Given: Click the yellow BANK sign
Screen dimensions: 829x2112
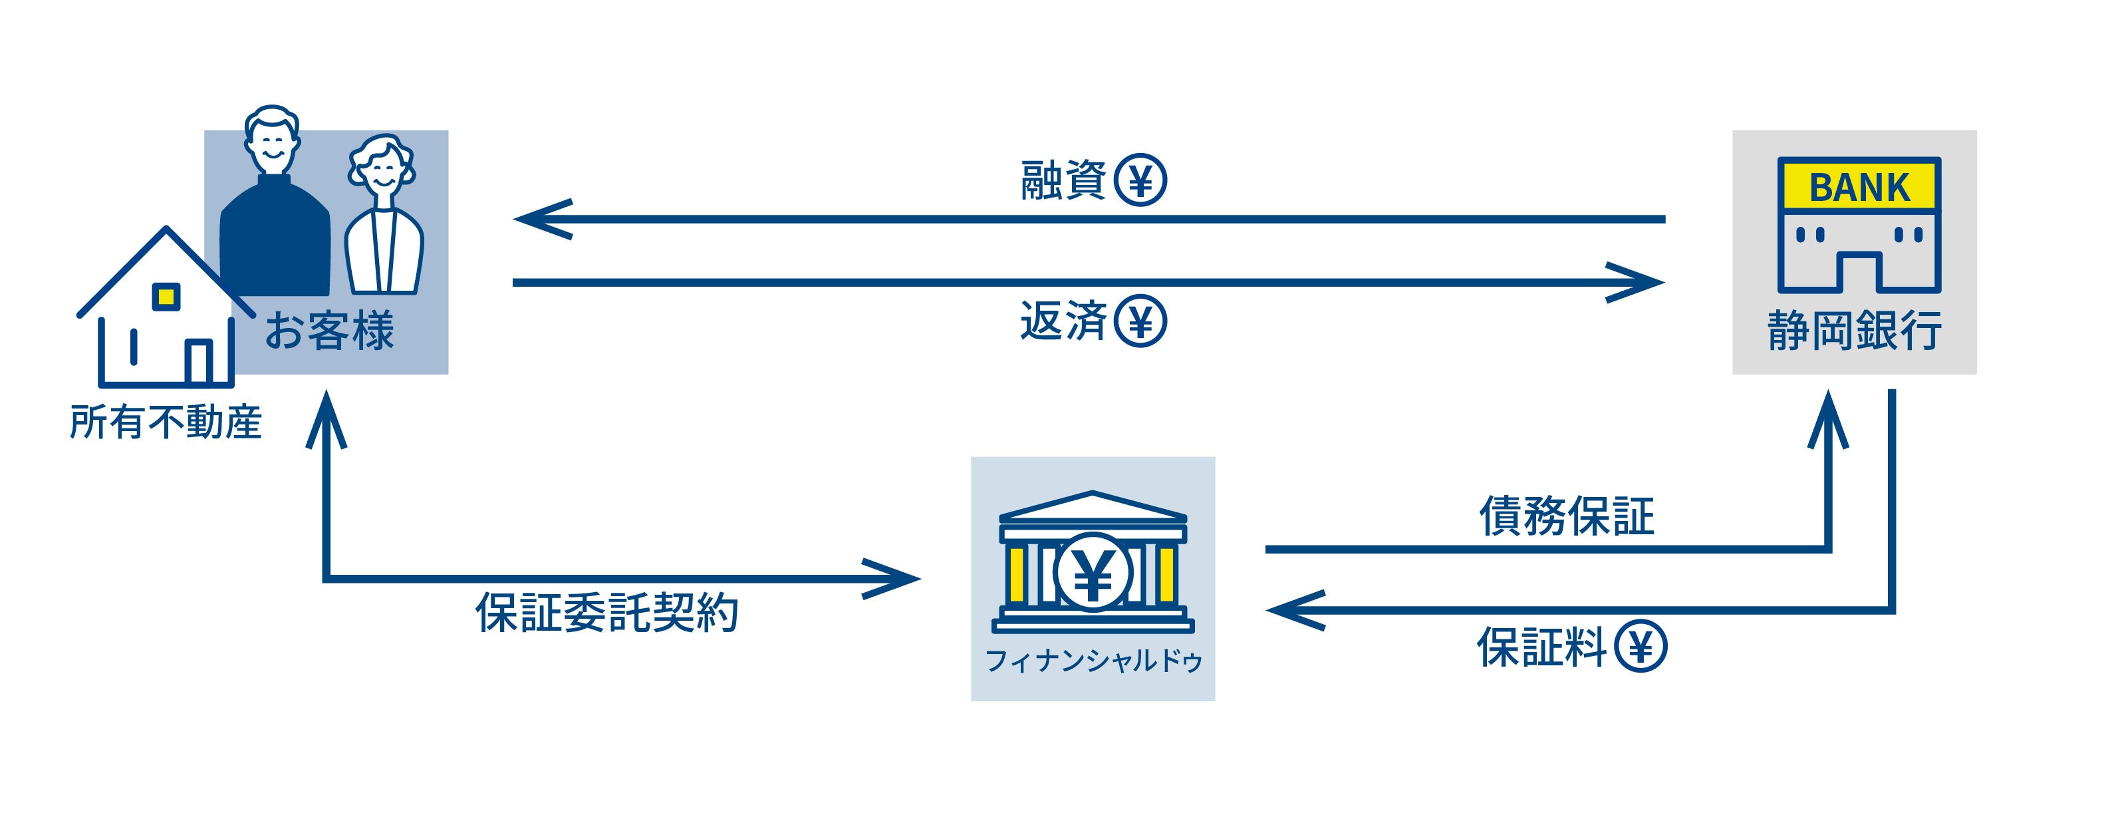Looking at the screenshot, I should click(1859, 187).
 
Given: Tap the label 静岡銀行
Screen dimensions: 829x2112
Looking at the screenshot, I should click(1854, 331).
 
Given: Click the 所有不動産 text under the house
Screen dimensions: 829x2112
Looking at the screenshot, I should click(166, 422).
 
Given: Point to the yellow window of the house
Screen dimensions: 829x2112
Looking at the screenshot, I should click(166, 296).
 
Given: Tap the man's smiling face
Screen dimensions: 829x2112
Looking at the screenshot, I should click(271, 146).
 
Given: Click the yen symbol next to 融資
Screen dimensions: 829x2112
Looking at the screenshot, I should click(1140, 180).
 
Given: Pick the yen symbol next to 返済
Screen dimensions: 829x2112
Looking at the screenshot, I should click(1140, 321).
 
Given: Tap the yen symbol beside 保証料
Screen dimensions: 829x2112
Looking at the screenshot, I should click(1641, 646).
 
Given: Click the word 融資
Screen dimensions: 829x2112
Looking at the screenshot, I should click(1063, 180).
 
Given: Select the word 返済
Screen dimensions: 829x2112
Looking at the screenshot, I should click(1063, 321).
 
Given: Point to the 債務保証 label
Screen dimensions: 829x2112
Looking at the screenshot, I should click(1567, 516).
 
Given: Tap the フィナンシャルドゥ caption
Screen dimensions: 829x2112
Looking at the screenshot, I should click(1093, 661).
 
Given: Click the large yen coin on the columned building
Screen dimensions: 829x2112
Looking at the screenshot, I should click(1093, 572).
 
